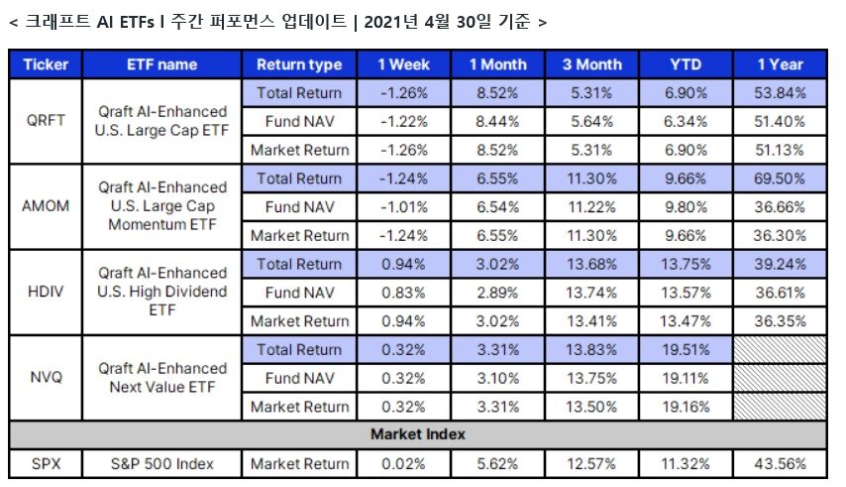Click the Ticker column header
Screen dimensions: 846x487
click(46, 64)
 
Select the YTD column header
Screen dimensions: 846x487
click(686, 64)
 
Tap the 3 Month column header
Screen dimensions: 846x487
click(591, 64)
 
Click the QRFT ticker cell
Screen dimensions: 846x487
click(46, 120)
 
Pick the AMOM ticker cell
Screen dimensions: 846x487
click(46, 206)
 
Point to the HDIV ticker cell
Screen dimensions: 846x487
click(46, 292)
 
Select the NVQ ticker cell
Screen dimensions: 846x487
click(46, 377)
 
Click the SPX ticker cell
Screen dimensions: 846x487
click(46, 464)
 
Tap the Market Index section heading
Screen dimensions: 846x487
click(418, 434)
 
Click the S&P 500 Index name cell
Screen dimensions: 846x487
click(161, 464)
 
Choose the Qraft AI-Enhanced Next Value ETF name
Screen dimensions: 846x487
click(161, 377)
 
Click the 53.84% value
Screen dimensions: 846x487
click(780, 93)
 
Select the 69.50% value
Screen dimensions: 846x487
click(780, 179)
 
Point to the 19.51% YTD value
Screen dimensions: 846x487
click(686, 350)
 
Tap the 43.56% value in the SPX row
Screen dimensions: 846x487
click(780, 464)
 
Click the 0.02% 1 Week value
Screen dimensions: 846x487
click(403, 464)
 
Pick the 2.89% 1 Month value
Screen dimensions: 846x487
click(497, 293)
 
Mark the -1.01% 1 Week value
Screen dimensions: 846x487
click(403, 207)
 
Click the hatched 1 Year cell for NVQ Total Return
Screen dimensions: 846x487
click(780, 350)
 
